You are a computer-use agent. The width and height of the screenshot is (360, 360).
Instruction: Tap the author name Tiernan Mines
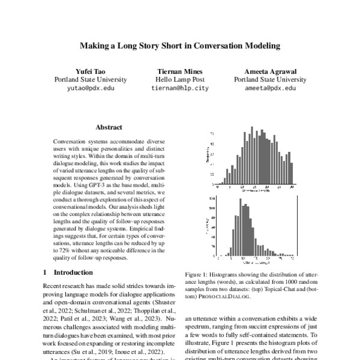point(180,70)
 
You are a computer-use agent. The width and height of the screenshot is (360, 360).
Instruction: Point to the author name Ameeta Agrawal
point(270,70)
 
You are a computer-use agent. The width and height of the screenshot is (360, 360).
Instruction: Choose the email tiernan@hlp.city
point(180,88)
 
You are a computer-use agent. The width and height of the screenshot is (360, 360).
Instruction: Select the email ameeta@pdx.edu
point(270,88)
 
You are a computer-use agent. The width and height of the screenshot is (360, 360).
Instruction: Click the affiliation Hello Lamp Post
point(180,79)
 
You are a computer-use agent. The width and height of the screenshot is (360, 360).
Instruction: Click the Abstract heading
point(109,127)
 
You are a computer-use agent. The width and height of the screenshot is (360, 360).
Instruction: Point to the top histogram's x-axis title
point(252,191)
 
